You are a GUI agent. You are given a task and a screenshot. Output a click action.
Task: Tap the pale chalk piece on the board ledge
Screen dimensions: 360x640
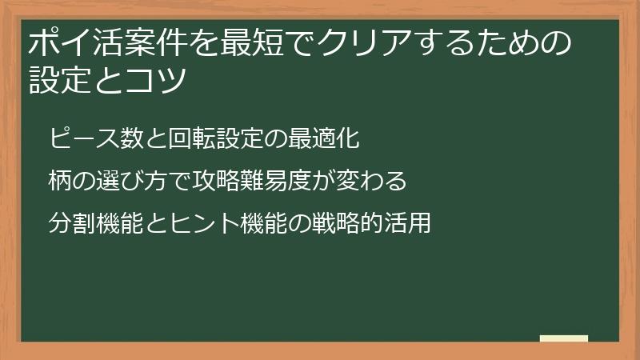point(564,338)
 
